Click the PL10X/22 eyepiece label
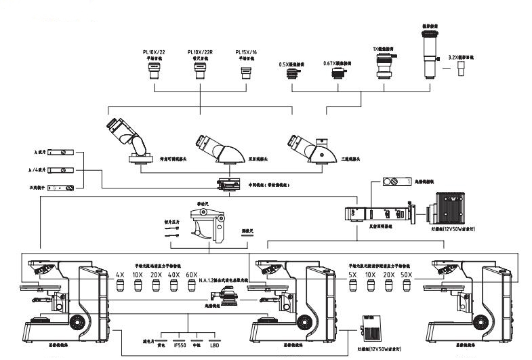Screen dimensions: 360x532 point(154,52)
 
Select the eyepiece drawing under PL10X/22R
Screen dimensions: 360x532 point(200,73)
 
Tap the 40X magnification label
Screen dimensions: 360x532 point(173,275)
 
